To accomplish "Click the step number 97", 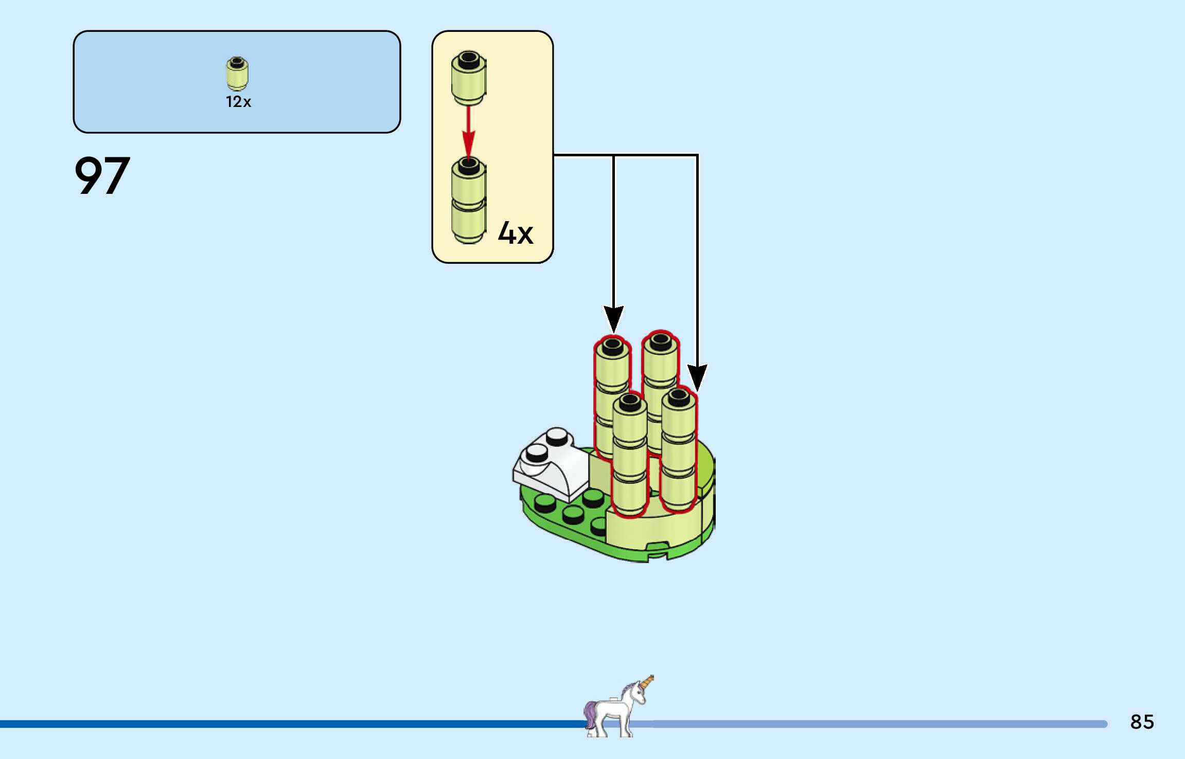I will [102, 176].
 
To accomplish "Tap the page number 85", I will [1142, 722].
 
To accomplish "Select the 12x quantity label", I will [238, 102].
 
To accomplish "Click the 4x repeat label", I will [515, 234].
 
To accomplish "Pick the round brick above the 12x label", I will [237, 74].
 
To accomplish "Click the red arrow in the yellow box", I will [468, 131].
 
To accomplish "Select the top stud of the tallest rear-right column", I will [661, 341].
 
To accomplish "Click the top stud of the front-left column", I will [630, 403].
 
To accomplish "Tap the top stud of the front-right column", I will [679, 397].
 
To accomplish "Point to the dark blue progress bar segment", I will [288, 724].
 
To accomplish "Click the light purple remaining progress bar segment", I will [875, 724].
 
